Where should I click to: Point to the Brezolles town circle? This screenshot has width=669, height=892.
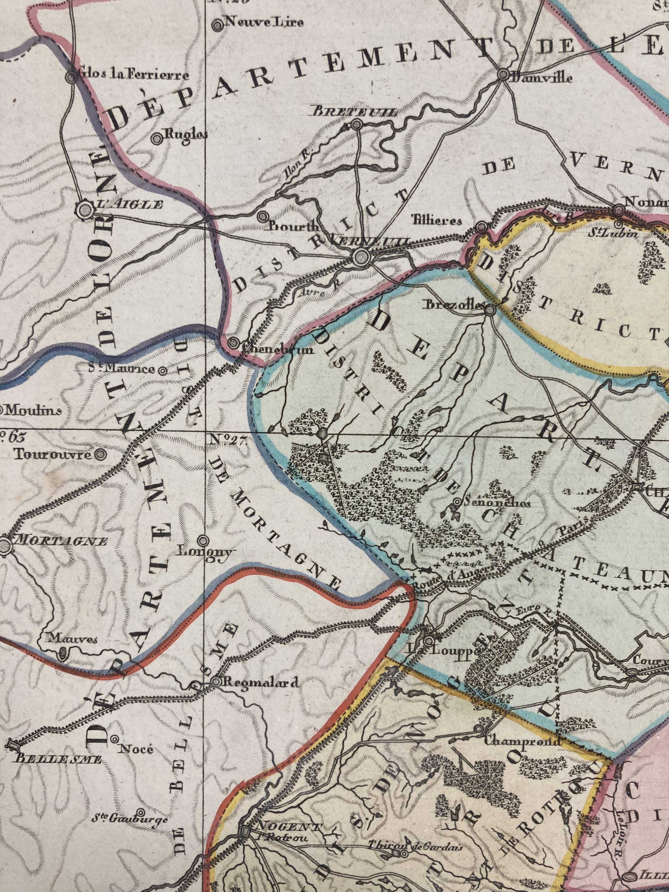(489, 310)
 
